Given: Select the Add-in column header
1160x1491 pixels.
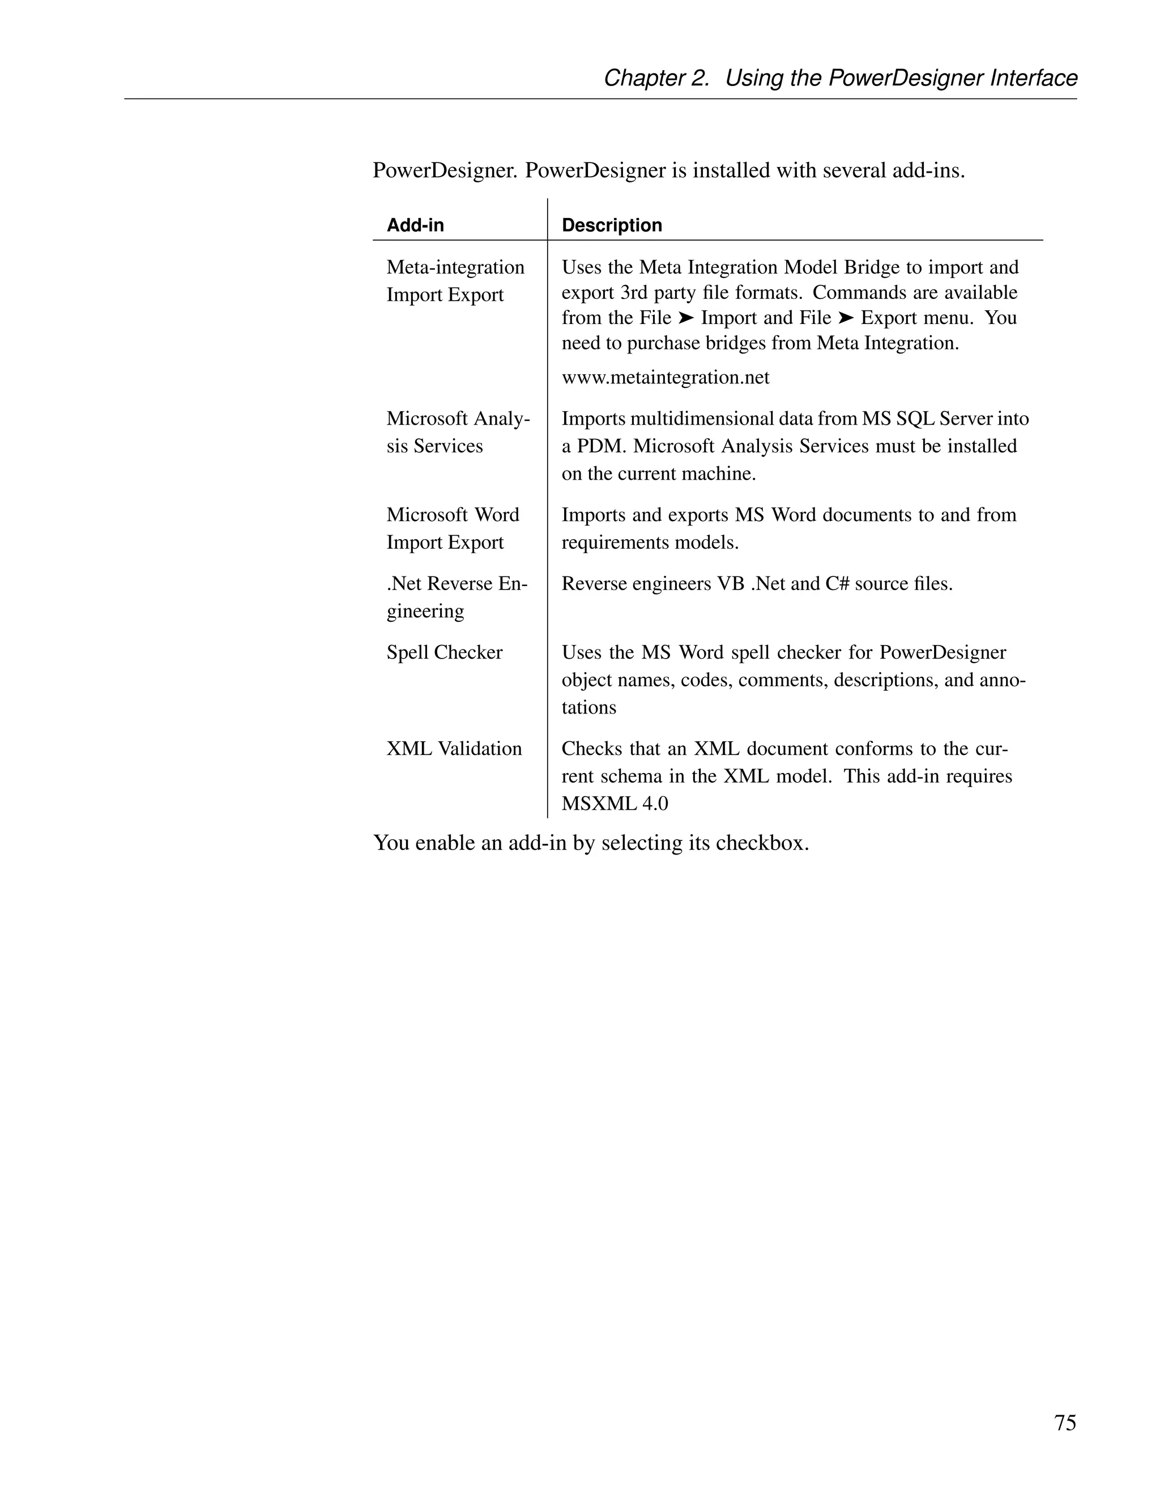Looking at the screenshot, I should (x=415, y=225).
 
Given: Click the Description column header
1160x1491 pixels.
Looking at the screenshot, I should (x=612, y=225).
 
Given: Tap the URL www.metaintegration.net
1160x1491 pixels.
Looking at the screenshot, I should (x=665, y=378).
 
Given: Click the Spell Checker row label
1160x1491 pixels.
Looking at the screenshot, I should (x=445, y=653).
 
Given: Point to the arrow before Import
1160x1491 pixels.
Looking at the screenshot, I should (x=686, y=318).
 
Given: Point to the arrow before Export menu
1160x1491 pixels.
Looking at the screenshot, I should (x=846, y=318).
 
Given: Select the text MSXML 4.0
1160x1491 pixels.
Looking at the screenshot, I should (x=615, y=804).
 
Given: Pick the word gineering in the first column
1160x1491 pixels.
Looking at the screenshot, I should (x=425, y=611).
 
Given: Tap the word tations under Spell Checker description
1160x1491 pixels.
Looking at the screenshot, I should (x=588, y=707).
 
